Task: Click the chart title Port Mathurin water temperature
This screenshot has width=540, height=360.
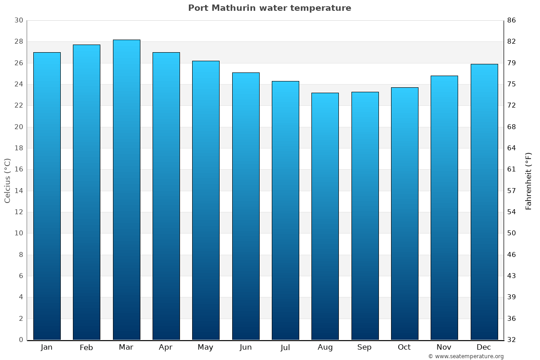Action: point(270,8)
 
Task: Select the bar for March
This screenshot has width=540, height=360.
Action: point(126,189)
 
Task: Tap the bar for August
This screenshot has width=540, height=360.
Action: point(325,216)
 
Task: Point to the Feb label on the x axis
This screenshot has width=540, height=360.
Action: point(86,347)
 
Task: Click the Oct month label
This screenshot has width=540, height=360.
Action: point(404,347)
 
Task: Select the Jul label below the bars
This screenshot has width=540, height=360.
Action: point(285,347)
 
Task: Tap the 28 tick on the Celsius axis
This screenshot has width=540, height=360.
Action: point(18,42)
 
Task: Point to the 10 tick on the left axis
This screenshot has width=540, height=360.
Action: point(18,233)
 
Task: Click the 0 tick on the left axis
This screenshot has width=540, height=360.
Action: point(21,340)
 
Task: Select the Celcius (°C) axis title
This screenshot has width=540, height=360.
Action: point(7,180)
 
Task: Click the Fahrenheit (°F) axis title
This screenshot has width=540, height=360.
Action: point(529,181)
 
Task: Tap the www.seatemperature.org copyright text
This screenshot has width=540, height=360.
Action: point(466,356)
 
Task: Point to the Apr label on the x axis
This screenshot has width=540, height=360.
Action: point(166,347)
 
